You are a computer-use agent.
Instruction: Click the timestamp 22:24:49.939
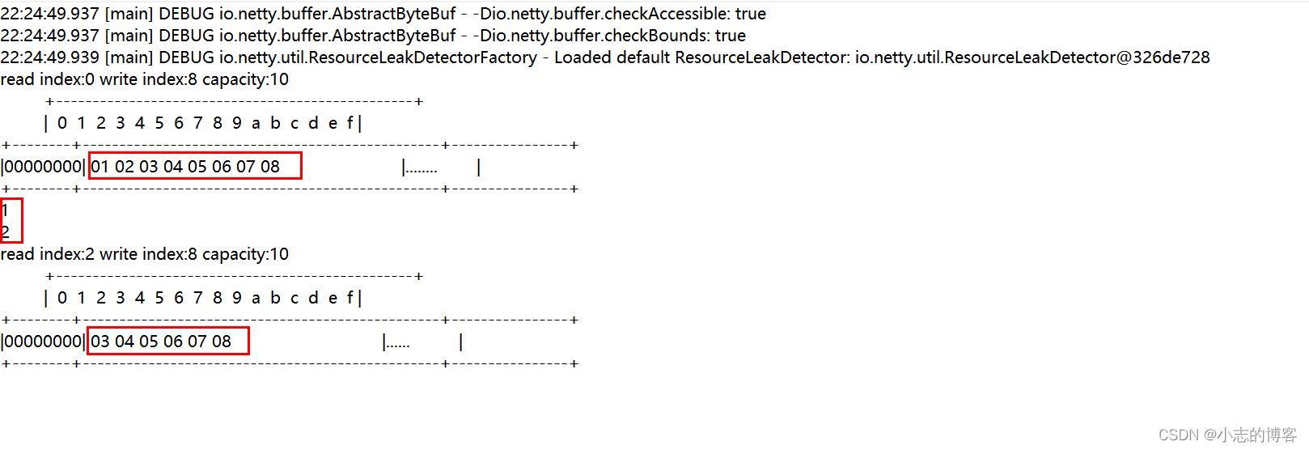pos(49,57)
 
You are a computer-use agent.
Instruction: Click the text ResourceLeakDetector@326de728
pos(1077,57)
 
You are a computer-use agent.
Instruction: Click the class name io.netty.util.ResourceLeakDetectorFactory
pos(378,57)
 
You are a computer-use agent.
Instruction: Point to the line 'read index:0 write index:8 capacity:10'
pos(144,79)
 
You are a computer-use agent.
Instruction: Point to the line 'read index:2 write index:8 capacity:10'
pos(144,254)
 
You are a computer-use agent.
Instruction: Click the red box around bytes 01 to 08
pos(195,166)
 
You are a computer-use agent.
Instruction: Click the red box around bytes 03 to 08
pos(167,341)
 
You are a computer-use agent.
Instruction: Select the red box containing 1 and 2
pos(11,220)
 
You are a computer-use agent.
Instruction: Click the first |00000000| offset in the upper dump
pos(43,167)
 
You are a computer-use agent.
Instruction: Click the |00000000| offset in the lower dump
pos(43,342)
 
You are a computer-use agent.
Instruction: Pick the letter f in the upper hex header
pos(350,123)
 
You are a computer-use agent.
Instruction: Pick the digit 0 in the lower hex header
pos(62,298)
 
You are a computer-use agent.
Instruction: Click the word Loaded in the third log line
pos(582,57)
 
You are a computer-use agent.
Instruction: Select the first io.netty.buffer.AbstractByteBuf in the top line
pos(337,14)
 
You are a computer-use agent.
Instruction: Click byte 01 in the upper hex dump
pos(100,167)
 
